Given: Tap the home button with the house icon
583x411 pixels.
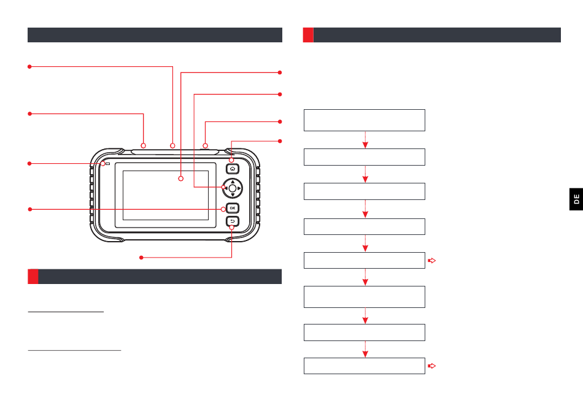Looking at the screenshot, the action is pos(232,168).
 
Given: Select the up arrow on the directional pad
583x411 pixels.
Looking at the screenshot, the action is pos(232,182).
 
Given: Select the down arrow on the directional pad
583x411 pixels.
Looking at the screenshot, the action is pos(232,195).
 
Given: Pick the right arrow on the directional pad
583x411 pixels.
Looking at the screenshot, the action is pos(239,188).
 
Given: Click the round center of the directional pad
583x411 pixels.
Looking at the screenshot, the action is pos(232,188).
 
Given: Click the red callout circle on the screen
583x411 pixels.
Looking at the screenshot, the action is pos(181,179).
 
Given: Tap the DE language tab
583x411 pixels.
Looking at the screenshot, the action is pos(576,200).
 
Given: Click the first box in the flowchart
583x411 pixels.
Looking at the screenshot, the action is pos(365,120).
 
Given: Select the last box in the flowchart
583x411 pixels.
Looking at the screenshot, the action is pos(365,366).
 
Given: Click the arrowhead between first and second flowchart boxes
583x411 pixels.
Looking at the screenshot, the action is pos(365,145).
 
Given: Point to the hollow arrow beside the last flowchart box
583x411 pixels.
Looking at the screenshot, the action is pos(431,366).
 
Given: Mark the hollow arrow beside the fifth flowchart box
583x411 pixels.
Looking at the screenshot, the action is pos(431,261).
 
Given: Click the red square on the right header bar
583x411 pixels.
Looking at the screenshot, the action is pos(308,35).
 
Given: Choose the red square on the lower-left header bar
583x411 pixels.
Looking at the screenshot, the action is pos(33,277).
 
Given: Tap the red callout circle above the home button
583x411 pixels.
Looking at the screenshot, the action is pos(231,160).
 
